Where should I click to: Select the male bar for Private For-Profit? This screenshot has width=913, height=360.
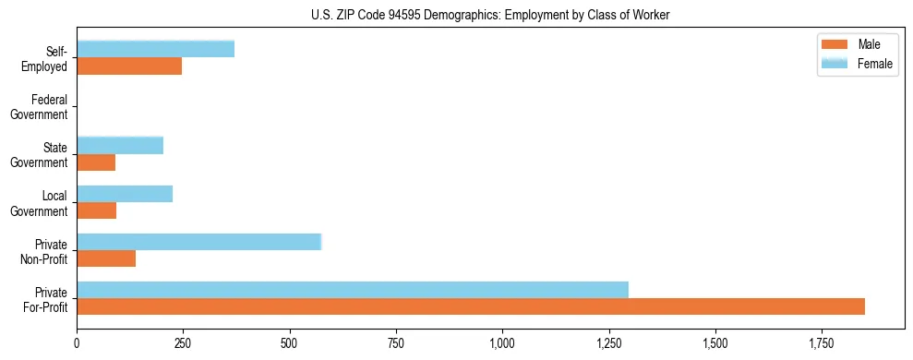[471, 306]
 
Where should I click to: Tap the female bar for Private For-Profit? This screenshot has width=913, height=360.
[353, 290]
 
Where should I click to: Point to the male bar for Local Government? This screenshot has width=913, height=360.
[96, 210]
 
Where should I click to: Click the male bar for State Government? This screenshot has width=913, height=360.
[96, 162]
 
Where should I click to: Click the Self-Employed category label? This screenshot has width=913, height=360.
[48, 58]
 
